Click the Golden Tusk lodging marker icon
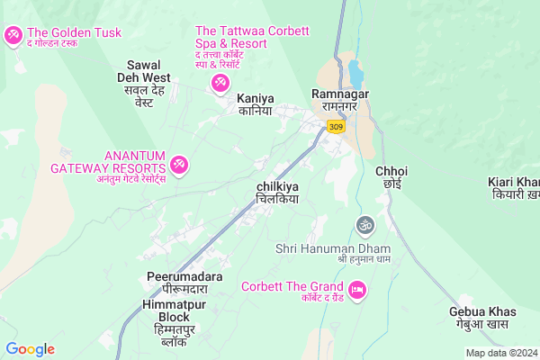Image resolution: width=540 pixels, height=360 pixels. [x=13, y=35]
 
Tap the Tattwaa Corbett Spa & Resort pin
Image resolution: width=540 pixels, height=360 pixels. [x=220, y=84]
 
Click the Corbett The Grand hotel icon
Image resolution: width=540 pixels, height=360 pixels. [x=356, y=290]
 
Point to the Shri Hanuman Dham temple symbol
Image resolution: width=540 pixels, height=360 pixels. [x=364, y=223]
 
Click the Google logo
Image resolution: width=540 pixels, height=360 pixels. [x=31, y=349]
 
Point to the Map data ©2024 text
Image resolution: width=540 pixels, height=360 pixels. [x=500, y=353]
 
